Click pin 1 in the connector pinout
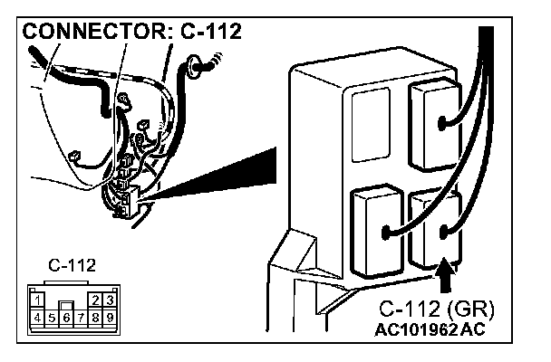point(34,298)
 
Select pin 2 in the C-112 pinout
point(97,298)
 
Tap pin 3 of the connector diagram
point(109,298)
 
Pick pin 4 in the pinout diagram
point(34,317)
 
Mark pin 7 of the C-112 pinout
point(80,317)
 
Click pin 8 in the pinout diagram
point(95,317)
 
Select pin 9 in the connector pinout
point(109,317)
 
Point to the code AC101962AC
point(430,329)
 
